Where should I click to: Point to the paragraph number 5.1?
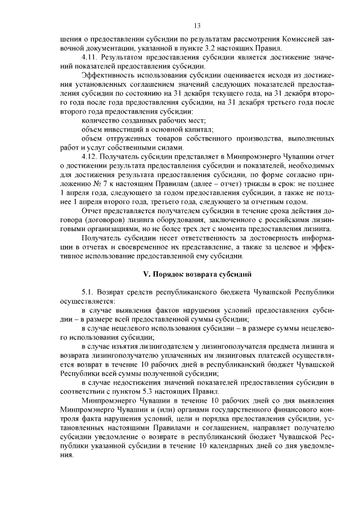88,293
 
